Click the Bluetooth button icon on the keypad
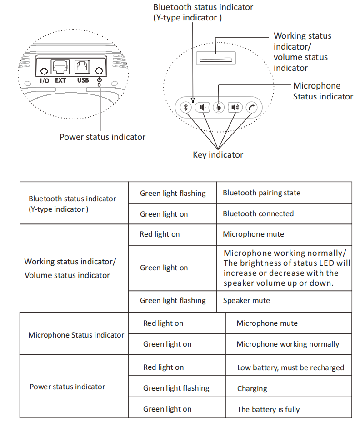click(186, 108)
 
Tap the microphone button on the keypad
click(219, 108)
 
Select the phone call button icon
click(251, 108)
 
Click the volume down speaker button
click(202, 108)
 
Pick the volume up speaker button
click(235, 108)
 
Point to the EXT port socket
click(60, 67)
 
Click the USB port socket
click(82, 66)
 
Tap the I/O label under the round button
click(45, 80)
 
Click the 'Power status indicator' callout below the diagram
click(102, 137)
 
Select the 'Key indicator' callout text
click(218, 155)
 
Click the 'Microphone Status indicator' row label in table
click(76, 335)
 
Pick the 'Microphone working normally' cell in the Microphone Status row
click(288, 344)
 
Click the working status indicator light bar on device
click(215, 60)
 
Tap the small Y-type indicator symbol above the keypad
click(193, 100)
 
